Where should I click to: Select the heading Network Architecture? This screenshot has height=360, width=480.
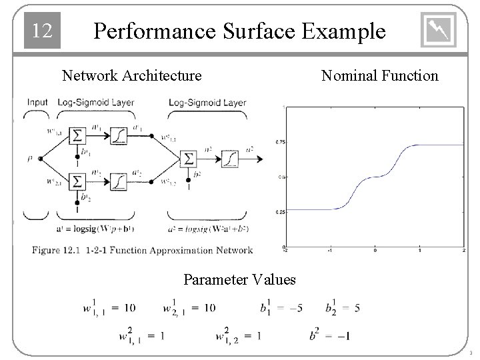pyautogui.click(x=131, y=75)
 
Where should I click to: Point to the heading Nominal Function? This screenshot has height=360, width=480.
pyautogui.click(x=379, y=75)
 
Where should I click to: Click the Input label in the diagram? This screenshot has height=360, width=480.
pyautogui.click(x=38, y=103)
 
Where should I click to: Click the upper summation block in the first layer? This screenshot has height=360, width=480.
pyautogui.click(x=79, y=136)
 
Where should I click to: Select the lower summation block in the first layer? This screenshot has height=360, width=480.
pyautogui.click(x=79, y=181)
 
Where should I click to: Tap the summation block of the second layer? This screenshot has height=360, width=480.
pyautogui.click(x=189, y=159)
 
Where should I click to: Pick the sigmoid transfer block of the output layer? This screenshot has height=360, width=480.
pyautogui.click(x=229, y=159)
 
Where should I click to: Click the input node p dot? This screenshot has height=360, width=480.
pyautogui.click(x=41, y=159)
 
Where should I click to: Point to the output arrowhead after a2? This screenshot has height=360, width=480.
pyautogui.click(x=260, y=159)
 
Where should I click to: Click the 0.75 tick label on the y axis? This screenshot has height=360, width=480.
pyautogui.click(x=280, y=142)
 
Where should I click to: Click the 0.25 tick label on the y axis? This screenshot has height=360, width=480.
pyautogui.click(x=280, y=213)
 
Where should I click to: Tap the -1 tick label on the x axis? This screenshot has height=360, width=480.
pyautogui.click(x=329, y=251)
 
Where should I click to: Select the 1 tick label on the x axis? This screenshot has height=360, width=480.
pyautogui.click(x=419, y=251)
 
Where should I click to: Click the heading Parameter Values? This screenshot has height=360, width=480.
pyautogui.click(x=239, y=279)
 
